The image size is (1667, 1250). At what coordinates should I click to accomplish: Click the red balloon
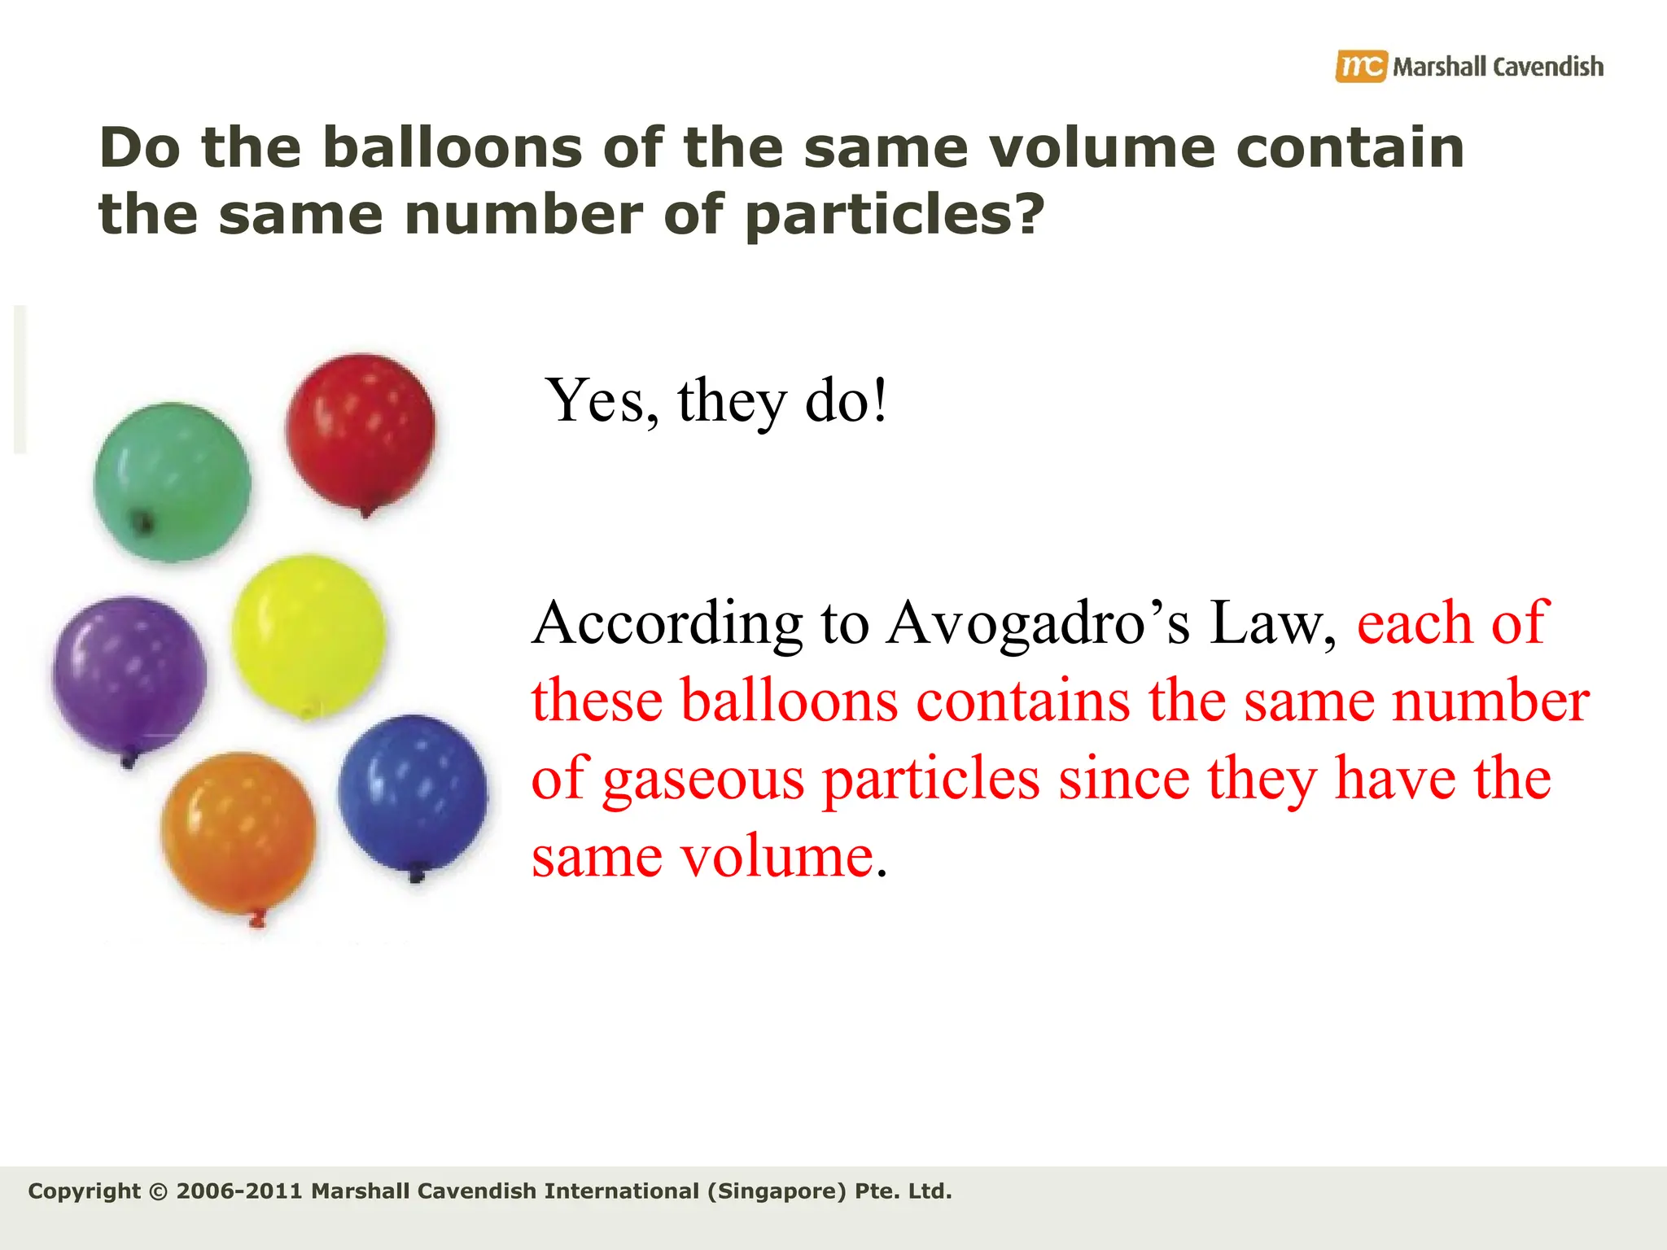[360, 430]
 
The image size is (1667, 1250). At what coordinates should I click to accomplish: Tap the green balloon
[172, 481]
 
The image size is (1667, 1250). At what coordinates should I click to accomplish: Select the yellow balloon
[308, 635]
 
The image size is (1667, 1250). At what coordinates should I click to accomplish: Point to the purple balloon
[129, 674]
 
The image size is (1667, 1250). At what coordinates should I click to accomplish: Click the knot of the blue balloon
[416, 875]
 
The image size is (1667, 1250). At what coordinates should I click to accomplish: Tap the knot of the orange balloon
[259, 920]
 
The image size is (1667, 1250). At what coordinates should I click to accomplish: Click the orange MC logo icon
[1360, 66]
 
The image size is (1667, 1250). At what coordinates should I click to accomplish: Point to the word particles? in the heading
[894, 215]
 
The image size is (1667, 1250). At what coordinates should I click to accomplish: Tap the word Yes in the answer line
[601, 400]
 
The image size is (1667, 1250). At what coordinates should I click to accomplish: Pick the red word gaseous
[702, 780]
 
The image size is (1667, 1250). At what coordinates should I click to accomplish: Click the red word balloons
[789, 701]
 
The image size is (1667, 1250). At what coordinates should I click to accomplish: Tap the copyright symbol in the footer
[159, 1191]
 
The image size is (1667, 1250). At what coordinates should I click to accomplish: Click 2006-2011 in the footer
[239, 1191]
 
